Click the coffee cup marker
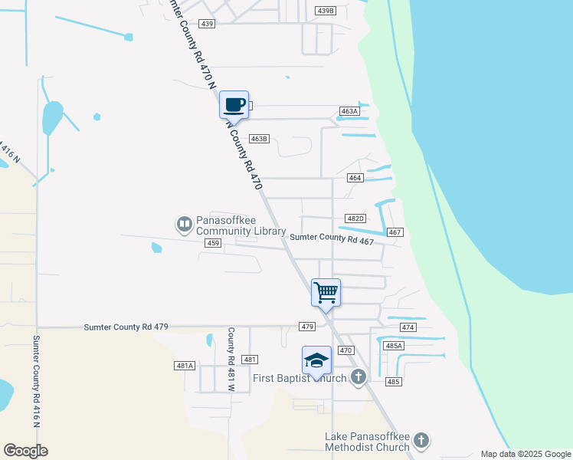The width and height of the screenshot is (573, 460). click(234, 105)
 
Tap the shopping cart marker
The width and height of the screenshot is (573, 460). click(326, 293)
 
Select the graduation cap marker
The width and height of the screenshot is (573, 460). click(316, 361)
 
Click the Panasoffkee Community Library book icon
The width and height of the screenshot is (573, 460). click(184, 224)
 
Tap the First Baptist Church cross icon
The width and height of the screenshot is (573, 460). click(358, 376)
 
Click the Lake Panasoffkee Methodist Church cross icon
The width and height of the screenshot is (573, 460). click(421, 440)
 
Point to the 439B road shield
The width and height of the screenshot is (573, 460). click(326, 11)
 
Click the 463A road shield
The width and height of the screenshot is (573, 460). click(349, 111)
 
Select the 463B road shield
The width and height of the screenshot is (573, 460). click(259, 139)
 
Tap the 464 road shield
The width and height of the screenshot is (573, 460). click(355, 178)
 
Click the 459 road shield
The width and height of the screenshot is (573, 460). click(213, 243)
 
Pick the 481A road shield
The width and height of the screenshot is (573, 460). click(185, 366)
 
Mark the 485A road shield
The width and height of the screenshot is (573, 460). click(394, 346)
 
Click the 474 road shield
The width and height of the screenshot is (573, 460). click(408, 327)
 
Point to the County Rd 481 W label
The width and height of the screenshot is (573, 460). click(230, 360)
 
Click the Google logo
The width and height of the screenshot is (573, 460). click(25, 451)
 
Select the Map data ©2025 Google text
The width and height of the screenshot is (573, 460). click(525, 454)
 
